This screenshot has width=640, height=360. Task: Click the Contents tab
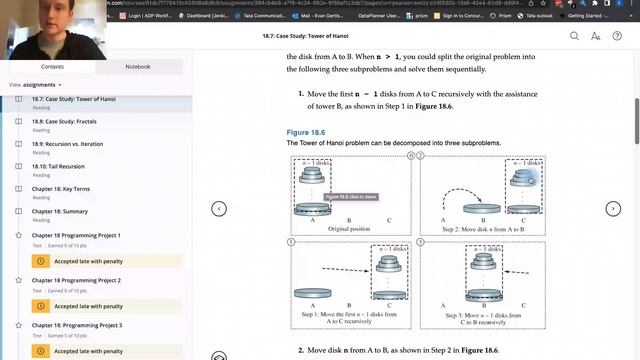52,67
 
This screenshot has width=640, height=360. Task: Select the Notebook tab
138,67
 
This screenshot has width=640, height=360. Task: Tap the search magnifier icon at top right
574,36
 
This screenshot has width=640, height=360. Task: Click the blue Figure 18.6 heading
307,132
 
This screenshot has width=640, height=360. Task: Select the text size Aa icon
595,36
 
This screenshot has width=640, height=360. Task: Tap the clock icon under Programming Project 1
41,261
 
